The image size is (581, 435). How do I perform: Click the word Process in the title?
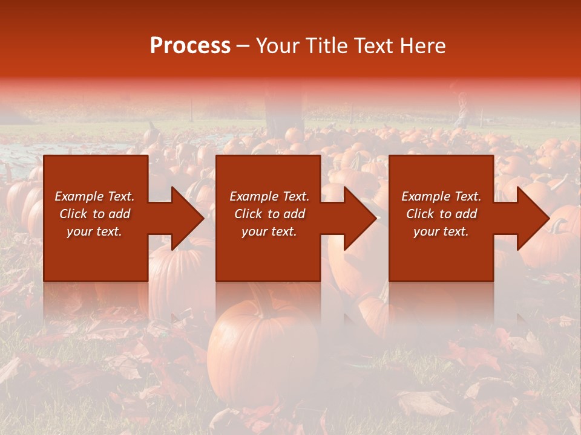(x=190, y=46)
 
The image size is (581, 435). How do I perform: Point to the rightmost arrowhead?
(x=532, y=218)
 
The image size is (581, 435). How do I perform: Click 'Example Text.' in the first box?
(x=94, y=196)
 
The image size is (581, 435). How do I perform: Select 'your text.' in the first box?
(x=94, y=231)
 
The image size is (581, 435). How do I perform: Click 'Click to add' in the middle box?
(x=269, y=214)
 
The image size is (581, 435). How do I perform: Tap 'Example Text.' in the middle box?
(x=269, y=196)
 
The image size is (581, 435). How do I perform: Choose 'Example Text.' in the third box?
(x=441, y=196)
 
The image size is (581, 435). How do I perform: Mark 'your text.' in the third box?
(x=441, y=231)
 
